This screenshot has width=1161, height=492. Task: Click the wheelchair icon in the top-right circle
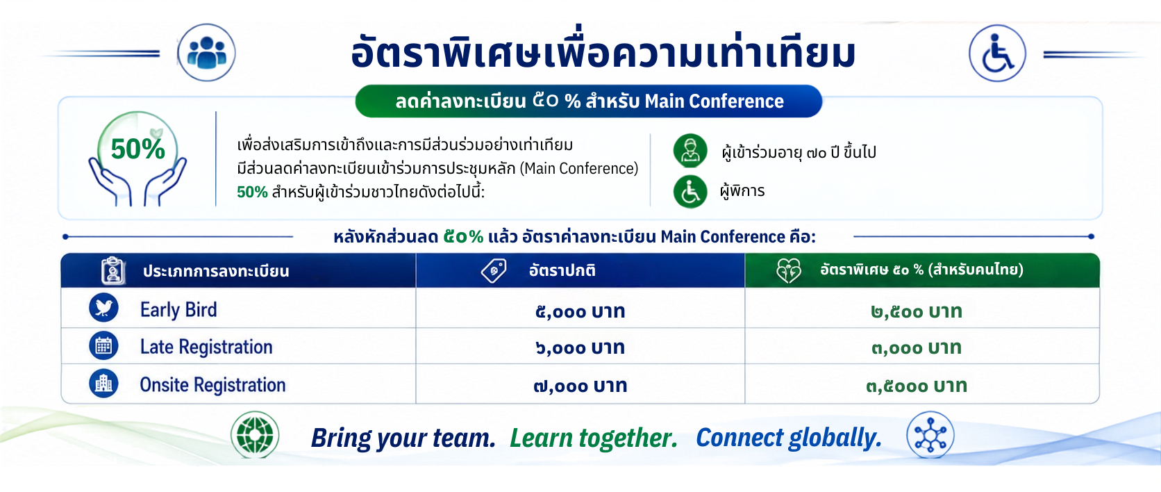(997, 54)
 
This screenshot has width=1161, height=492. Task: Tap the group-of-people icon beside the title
(206, 52)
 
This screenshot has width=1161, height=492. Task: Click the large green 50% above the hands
(138, 149)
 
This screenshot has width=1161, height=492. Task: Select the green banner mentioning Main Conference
(589, 101)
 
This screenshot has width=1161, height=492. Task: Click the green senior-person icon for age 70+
(690, 150)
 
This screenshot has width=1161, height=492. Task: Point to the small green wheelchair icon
(690, 191)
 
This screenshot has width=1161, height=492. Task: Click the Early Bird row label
(179, 309)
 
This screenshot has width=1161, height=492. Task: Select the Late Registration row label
(206, 346)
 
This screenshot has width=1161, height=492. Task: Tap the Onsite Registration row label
(212, 385)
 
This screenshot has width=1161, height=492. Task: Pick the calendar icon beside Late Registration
(103, 345)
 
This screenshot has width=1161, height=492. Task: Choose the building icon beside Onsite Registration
(103, 384)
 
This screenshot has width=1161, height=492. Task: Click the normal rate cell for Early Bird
(580, 311)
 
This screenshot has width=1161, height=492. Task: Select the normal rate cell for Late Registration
(580, 347)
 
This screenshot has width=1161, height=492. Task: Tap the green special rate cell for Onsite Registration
(917, 386)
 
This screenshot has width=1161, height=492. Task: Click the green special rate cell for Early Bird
(917, 311)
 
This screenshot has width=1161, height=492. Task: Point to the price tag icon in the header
(494, 270)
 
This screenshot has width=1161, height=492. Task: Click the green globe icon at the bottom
(255, 434)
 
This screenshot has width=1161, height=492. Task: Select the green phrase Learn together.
(594, 438)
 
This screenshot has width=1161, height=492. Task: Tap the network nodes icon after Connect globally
(930, 434)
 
